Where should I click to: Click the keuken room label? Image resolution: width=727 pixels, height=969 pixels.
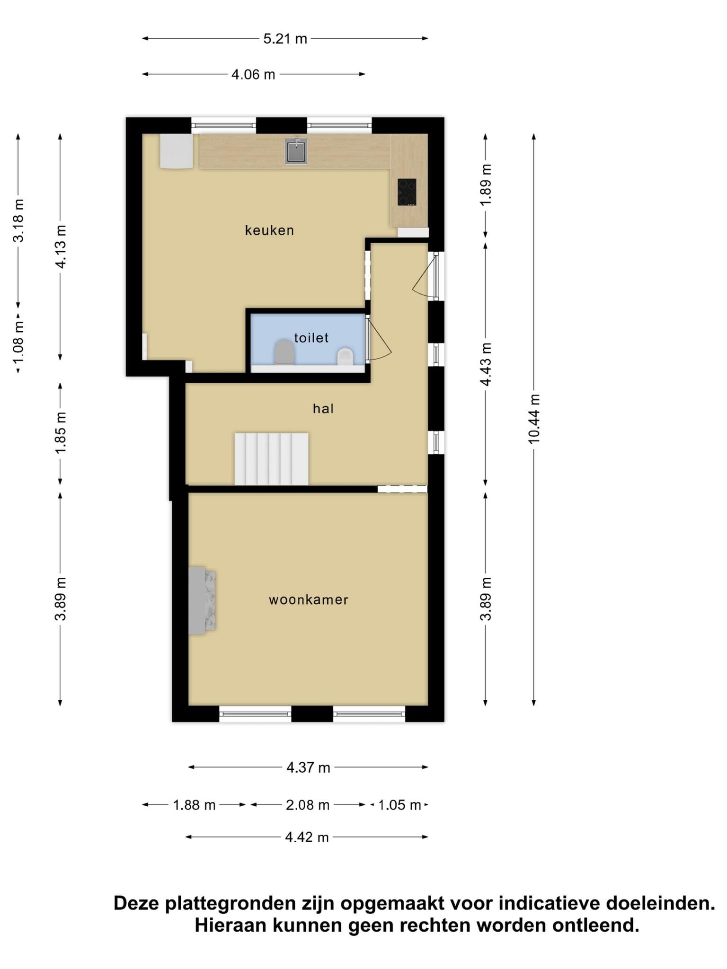pos(269,230)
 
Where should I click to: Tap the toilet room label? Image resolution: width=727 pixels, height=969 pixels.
pos(311,338)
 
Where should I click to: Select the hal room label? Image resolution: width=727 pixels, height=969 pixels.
pos(323,408)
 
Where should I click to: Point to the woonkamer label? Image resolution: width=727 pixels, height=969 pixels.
pos(309,600)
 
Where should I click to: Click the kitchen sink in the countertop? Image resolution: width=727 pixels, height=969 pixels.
pos(296,151)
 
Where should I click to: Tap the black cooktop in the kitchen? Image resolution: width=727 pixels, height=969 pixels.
pos(407,192)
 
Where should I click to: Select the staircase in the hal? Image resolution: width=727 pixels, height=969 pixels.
pos(271,459)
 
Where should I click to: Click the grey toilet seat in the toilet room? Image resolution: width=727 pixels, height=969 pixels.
pos(284,352)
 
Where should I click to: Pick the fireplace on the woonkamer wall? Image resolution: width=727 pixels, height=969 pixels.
pos(202,600)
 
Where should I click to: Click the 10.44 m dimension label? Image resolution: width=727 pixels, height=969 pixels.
pos(534,419)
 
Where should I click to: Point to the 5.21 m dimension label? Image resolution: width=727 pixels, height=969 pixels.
pos(285,39)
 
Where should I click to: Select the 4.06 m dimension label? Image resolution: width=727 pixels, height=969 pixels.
pos(253,75)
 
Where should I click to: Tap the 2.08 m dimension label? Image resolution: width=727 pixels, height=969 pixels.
pos(308,805)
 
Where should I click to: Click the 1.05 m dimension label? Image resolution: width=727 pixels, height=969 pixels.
pos(399,805)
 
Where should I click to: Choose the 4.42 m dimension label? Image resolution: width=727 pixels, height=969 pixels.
pos(307,837)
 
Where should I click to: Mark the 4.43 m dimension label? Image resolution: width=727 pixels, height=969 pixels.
pos(486,364)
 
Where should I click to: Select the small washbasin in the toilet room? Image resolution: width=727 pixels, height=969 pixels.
pos(345,357)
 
